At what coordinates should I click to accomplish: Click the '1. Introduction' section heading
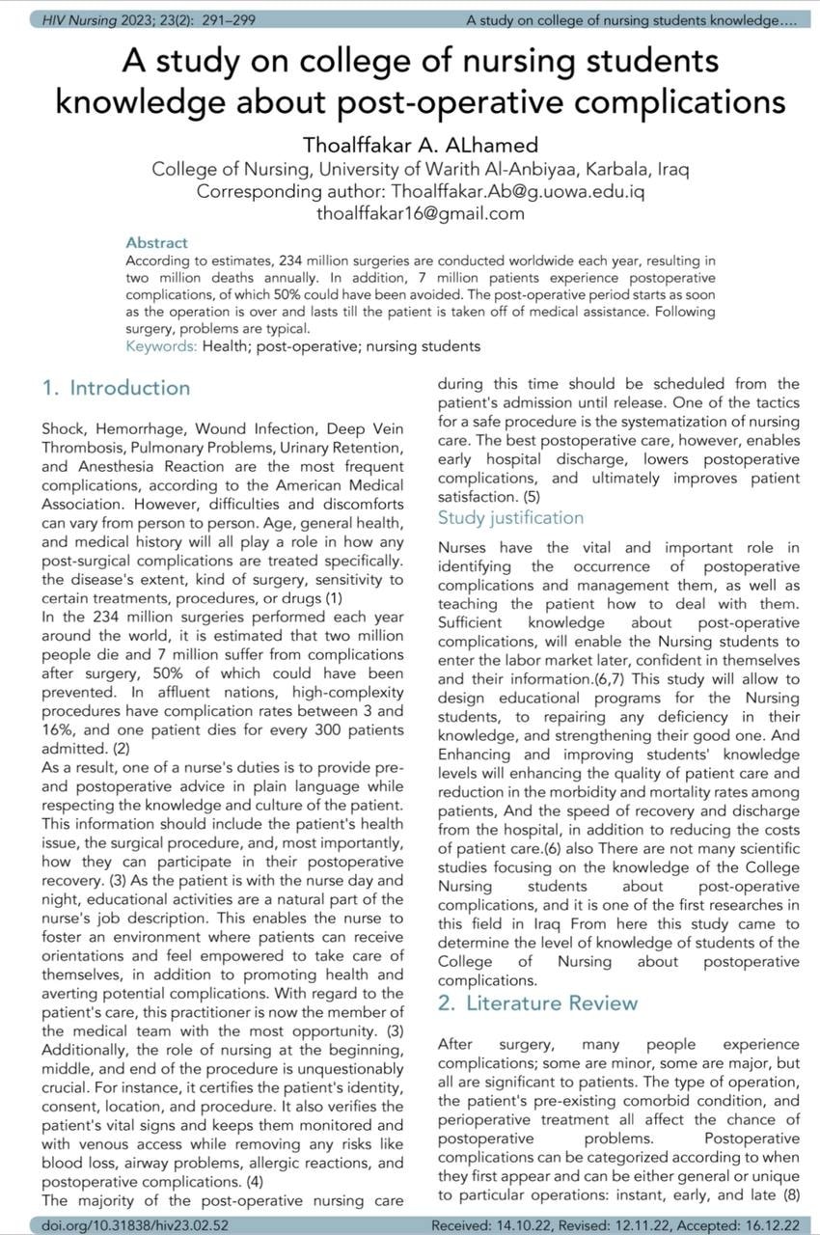tap(117, 389)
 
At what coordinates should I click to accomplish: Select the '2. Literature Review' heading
tap(537, 1002)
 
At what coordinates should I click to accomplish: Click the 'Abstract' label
tap(156, 242)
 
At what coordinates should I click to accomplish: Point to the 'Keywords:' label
tap(161, 345)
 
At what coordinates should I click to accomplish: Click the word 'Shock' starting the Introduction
tap(63, 427)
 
